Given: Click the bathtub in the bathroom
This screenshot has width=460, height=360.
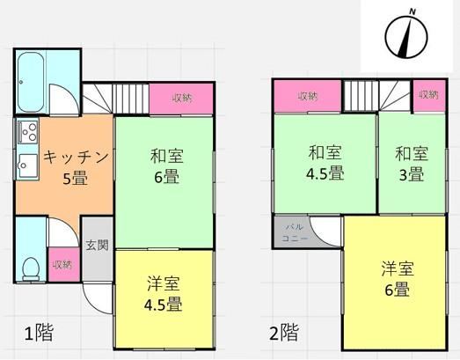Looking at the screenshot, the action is pos(31,83).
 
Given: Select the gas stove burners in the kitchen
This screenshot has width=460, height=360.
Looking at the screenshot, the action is pos(28,131).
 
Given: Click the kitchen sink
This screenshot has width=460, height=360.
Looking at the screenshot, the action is pos(28,165).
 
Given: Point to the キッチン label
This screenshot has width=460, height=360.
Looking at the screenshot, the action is pos(76,157).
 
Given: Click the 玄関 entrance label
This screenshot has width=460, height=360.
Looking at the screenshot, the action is pos(98,246).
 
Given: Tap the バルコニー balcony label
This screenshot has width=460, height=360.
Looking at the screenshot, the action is pos(295,232).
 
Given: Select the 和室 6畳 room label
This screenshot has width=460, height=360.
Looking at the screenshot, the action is pos(166,165).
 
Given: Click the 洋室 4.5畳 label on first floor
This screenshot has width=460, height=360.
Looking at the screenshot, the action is pos(163,293).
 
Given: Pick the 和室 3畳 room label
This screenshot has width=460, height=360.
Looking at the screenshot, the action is pos(412,164).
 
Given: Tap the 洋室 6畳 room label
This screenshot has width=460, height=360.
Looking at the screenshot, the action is pos(398,278).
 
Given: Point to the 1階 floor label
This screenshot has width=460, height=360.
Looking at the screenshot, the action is pos(39,333).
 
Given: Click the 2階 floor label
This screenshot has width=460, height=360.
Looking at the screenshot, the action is pos(284,332).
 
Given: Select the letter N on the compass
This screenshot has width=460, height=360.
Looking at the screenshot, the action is pos(413,11).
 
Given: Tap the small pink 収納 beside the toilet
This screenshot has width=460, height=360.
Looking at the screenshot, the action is pos(64,265).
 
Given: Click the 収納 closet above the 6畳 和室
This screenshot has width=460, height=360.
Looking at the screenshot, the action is pos(181,98).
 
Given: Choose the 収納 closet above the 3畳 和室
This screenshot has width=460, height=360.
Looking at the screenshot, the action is pos(429,95).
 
